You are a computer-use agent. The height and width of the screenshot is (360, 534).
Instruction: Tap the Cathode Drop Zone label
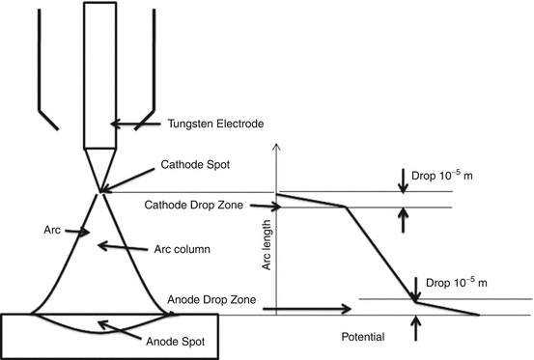[194, 205]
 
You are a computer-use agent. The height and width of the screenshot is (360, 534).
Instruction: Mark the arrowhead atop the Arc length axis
[277, 147]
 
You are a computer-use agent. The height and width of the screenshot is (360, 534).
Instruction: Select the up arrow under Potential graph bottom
[415, 329]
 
